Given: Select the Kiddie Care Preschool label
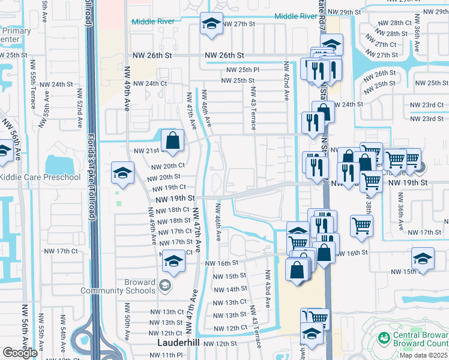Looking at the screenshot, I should pyautogui.click(x=40, y=178).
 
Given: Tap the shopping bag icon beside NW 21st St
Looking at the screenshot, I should pyautogui.click(x=172, y=141).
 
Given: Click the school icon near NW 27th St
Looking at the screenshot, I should pyautogui.click(x=210, y=24).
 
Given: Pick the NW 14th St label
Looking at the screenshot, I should pyautogui.click(x=226, y=289).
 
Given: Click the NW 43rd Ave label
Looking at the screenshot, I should pyautogui.click(x=265, y=289).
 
